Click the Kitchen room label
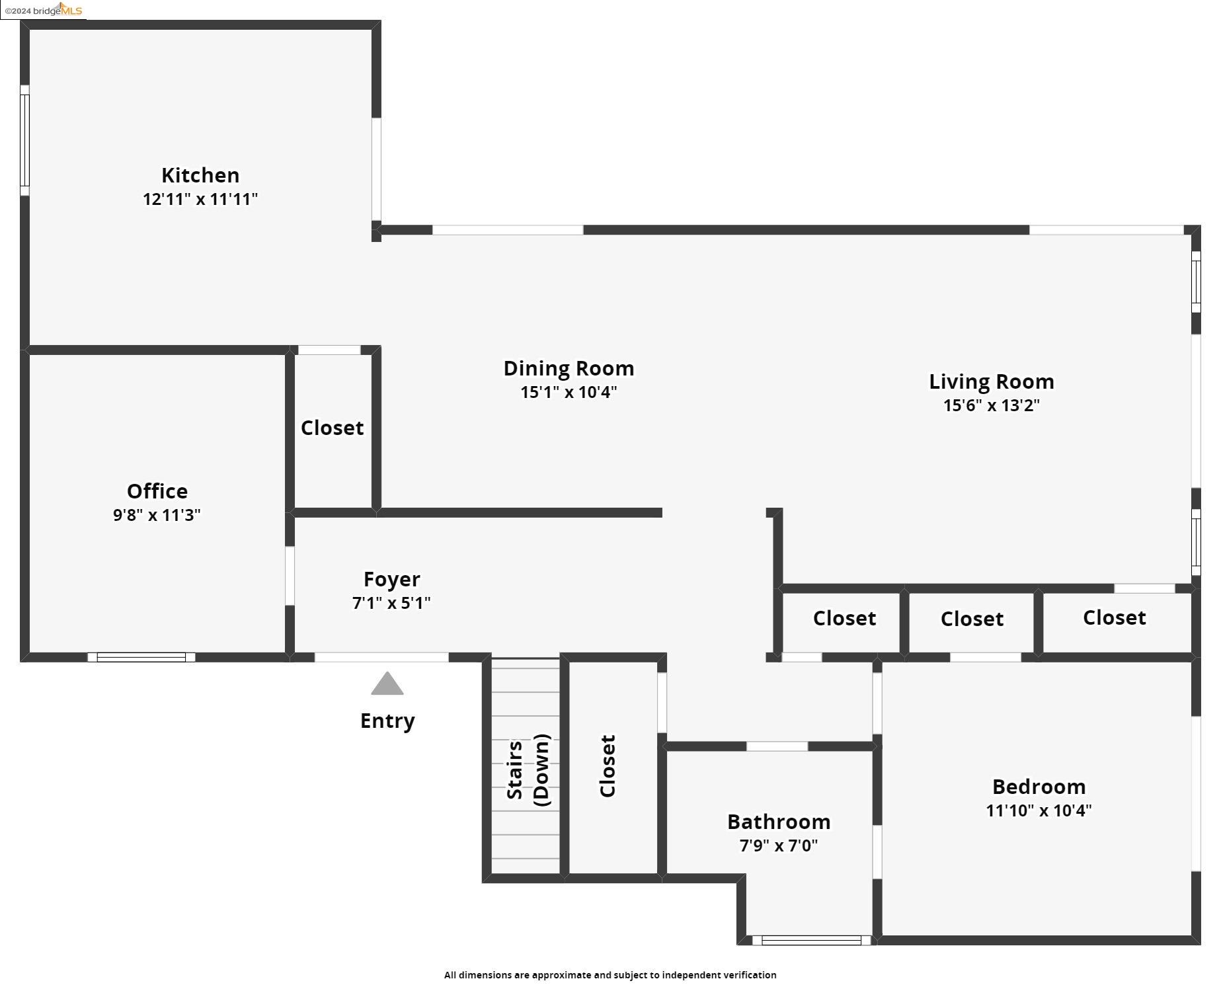pyautogui.click(x=200, y=175)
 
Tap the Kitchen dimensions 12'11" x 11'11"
pyautogui.click(x=200, y=199)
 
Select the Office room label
pyautogui.click(x=157, y=491)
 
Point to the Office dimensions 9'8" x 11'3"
pyautogui.click(x=157, y=515)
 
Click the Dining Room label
pyautogui.click(x=569, y=368)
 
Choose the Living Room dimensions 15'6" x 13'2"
pyautogui.click(x=991, y=405)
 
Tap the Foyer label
pyautogui.click(x=391, y=579)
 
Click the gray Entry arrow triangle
pyautogui.click(x=387, y=684)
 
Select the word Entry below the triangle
pyautogui.click(x=387, y=721)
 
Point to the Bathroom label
pyautogui.click(x=779, y=822)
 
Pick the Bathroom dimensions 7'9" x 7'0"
pyautogui.click(x=779, y=846)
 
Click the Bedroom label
pyautogui.click(x=1039, y=787)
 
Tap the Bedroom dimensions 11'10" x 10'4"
pyautogui.click(x=1039, y=810)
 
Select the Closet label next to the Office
pyautogui.click(x=332, y=428)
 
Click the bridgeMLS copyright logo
pyautogui.click(x=44, y=10)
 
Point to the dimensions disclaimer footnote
pyautogui.click(x=610, y=974)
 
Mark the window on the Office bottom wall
pyautogui.click(x=141, y=657)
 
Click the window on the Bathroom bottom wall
pyautogui.click(x=811, y=940)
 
